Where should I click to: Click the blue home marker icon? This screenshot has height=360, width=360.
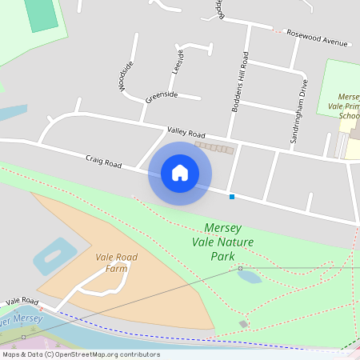pos(180,172)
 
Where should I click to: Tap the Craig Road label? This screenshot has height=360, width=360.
pos(104,162)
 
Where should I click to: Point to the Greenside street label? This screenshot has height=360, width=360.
pos(161,98)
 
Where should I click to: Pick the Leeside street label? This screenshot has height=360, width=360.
pos(178,62)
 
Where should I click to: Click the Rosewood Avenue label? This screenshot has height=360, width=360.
pos(318,37)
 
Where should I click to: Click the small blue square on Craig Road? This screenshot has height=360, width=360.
pos(232,196)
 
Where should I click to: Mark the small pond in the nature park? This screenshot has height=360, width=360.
pos(249,277)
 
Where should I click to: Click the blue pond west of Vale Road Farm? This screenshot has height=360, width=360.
pos(50,257)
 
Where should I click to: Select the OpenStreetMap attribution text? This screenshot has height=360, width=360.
pos(81,354)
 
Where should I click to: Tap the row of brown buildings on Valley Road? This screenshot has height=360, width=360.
pos(214,148)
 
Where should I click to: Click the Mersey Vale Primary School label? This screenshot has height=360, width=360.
pos(348,105)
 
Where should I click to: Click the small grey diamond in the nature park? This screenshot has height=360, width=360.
pos(243,324)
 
